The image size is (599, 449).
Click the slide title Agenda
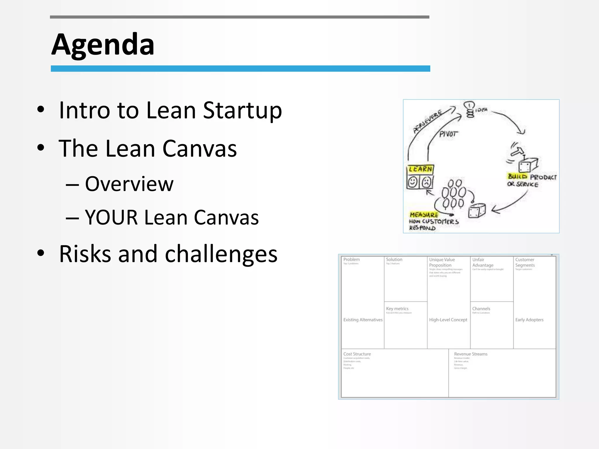[103, 44]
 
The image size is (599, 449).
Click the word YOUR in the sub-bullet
[111, 217]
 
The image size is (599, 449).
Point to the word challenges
[221, 254]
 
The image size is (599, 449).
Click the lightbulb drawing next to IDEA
[469, 109]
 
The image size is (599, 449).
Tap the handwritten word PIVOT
[448, 134]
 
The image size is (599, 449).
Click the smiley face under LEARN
[413, 182]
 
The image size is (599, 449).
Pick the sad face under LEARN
[426, 182]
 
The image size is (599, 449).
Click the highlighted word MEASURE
[424, 215]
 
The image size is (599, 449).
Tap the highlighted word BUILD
[517, 176]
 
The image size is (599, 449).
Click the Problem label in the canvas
[352, 260]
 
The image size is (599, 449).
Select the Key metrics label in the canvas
[397, 309]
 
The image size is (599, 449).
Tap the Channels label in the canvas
[481, 309]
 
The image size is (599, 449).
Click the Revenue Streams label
[471, 354]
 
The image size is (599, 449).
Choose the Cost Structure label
[357, 354]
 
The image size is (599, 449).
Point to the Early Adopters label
[529, 320]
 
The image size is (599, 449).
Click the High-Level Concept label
[448, 320]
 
